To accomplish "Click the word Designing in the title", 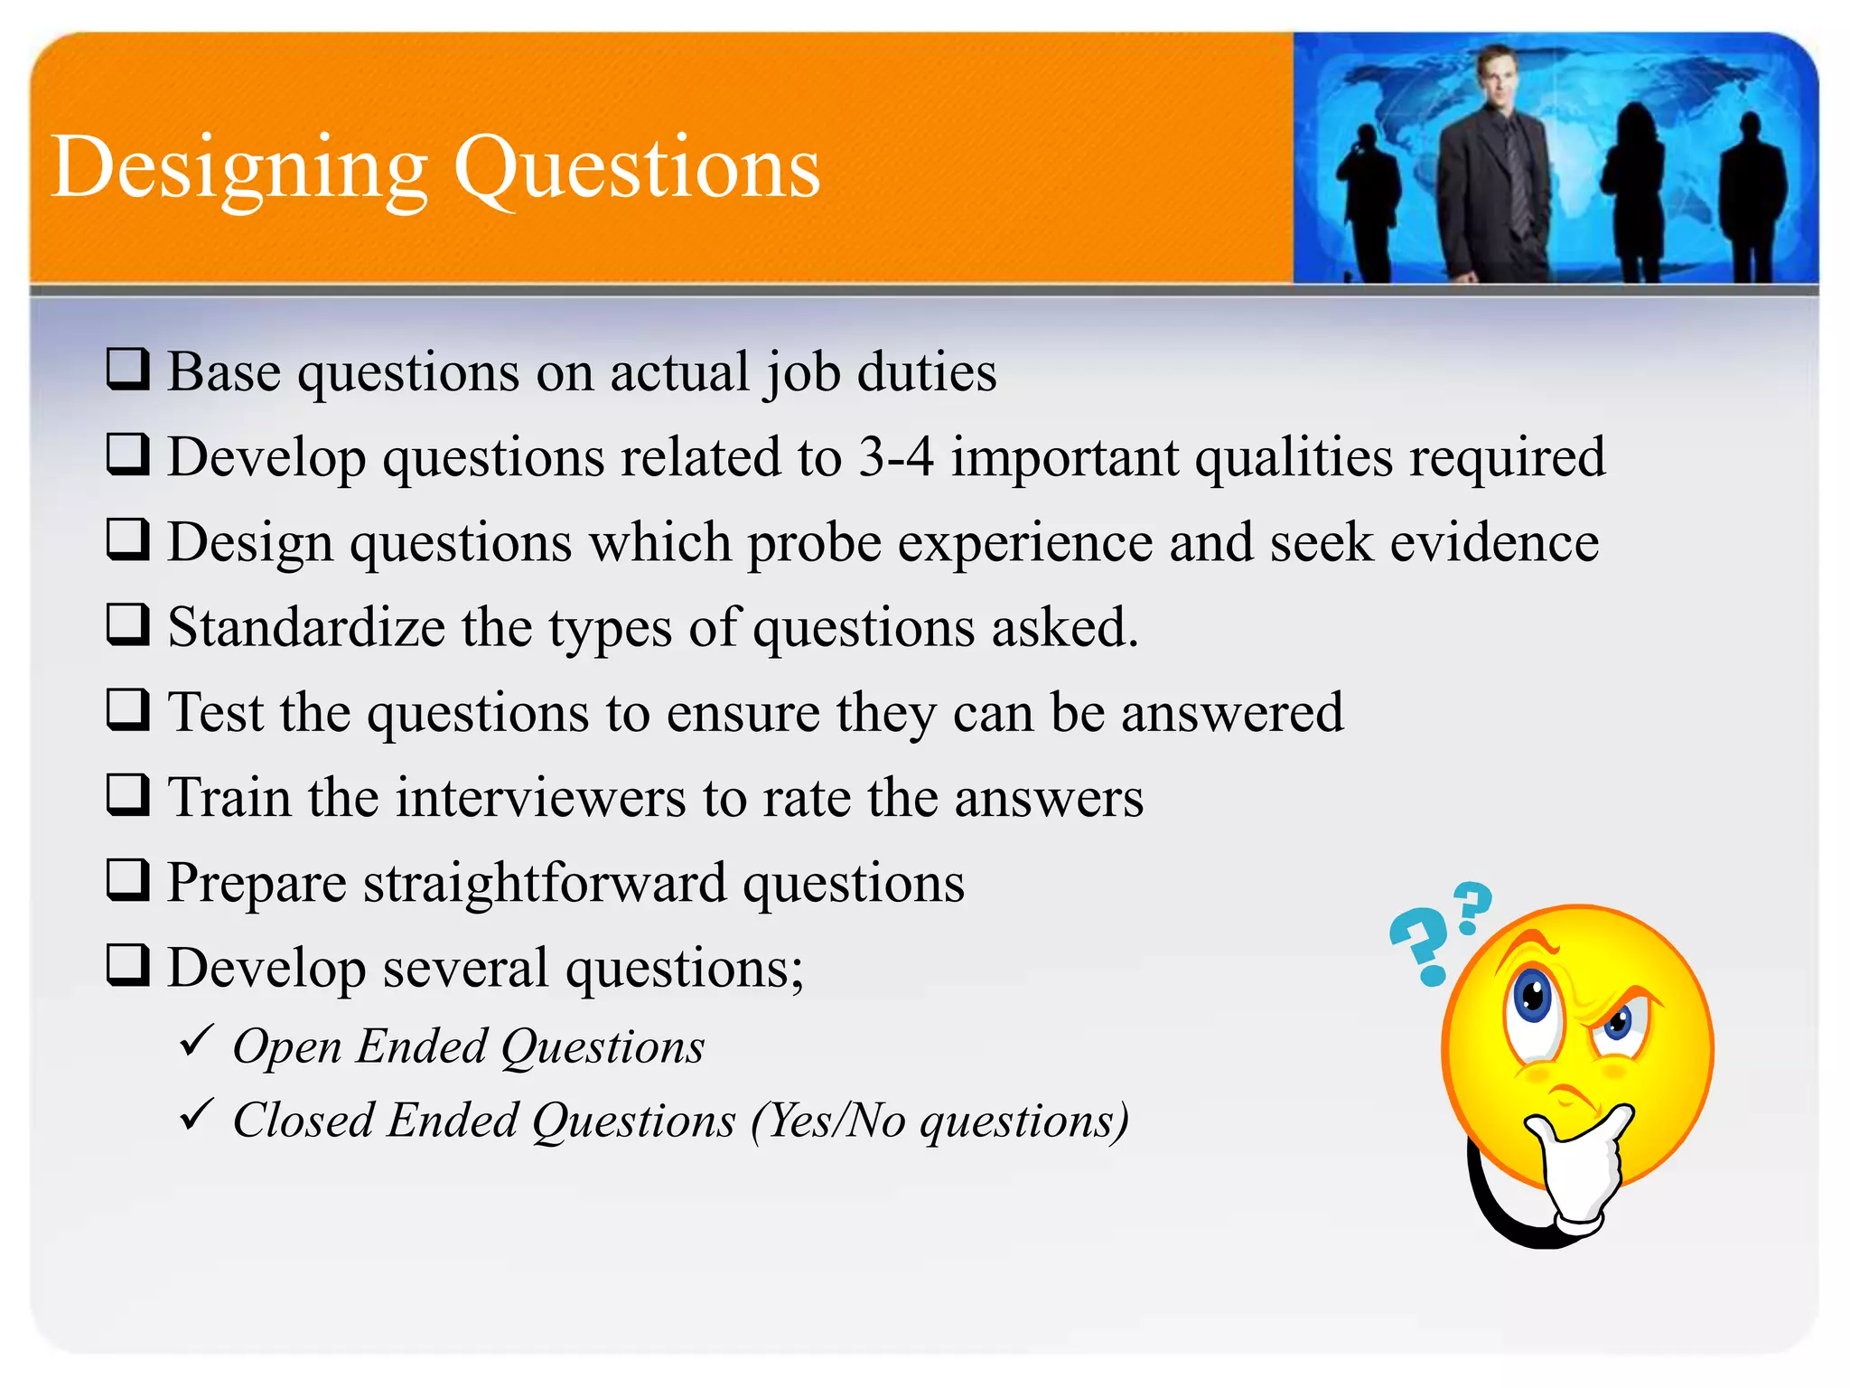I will pyautogui.click(x=239, y=169).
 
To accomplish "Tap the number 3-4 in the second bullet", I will pyautogui.click(x=895, y=456).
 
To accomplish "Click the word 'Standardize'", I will pyautogui.click(x=306, y=627).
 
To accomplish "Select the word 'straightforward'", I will pyautogui.click(x=545, y=883).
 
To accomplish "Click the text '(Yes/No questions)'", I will pyautogui.click(x=939, y=1121).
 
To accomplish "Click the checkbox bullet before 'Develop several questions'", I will pyautogui.click(x=127, y=964).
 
